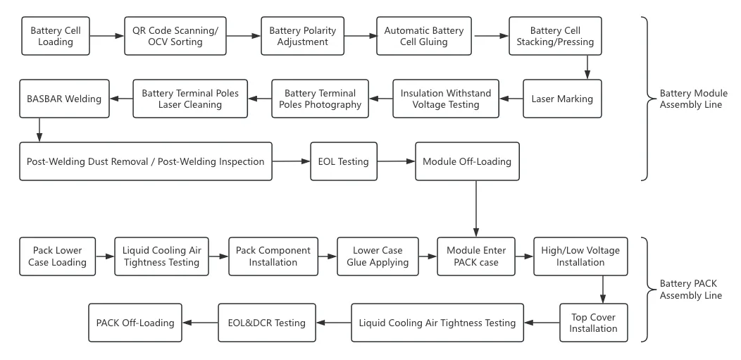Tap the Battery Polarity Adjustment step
point(304,36)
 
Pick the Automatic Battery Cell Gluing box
point(423,36)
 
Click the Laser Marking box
point(562,99)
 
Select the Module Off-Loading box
point(467,161)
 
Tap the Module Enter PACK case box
point(476,256)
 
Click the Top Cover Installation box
point(593,323)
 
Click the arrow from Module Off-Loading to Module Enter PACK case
point(476,209)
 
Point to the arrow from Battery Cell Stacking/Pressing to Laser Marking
point(587,67)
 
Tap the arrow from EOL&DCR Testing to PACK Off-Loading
point(201,323)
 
